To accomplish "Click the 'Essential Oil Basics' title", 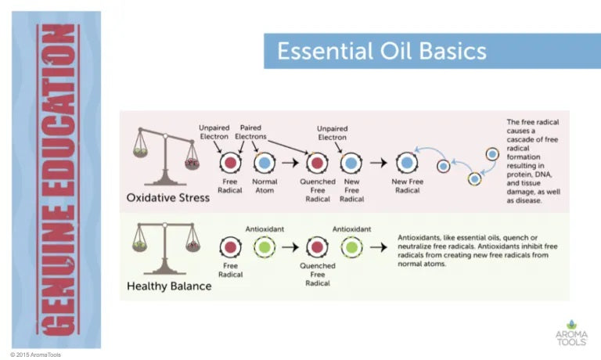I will pyautogui.click(x=382, y=52).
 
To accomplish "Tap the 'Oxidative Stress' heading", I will pyautogui.click(x=168, y=198).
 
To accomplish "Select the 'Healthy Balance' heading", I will pyautogui.click(x=169, y=286).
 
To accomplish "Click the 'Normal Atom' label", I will pyautogui.click(x=265, y=185).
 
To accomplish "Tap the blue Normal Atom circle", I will pyautogui.click(x=265, y=163).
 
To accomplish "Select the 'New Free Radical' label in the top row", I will pyautogui.click(x=407, y=185).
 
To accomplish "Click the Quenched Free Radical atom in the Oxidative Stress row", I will pyautogui.click(x=317, y=163).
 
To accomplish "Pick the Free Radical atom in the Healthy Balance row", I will pyautogui.click(x=231, y=248).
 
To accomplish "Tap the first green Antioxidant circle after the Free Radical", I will pyautogui.click(x=265, y=248).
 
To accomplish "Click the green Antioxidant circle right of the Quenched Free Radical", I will pyautogui.click(x=351, y=248).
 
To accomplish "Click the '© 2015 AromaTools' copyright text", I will pyautogui.click(x=35, y=355).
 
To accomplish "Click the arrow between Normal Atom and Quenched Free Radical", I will pyautogui.click(x=290, y=163).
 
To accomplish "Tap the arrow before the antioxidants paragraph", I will pyautogui.click(x=380, y=248).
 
